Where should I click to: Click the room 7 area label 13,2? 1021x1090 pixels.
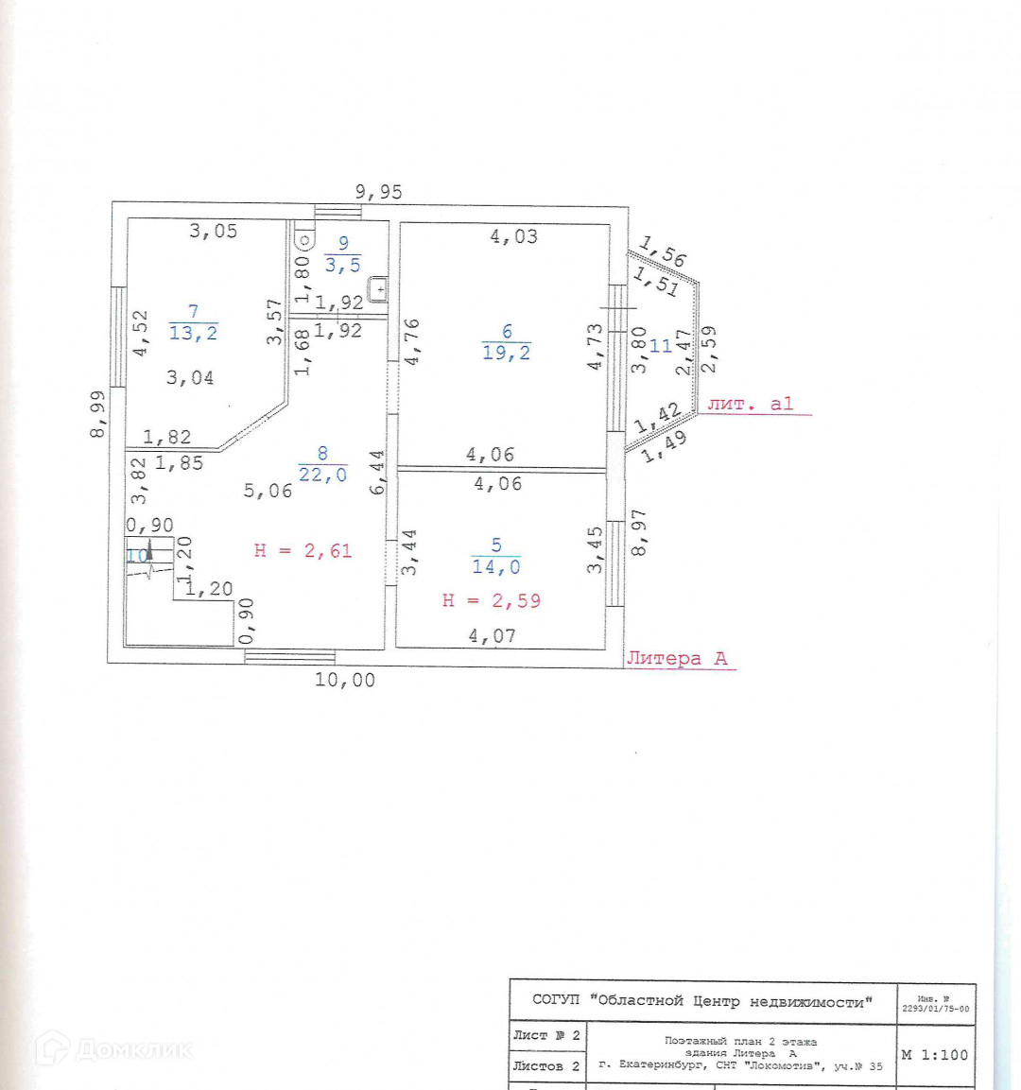point(193,333)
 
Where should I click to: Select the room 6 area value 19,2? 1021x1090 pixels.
point(507,354)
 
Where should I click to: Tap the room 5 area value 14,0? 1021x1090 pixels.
point(496,567)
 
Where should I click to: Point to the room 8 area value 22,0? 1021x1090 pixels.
point(323,475)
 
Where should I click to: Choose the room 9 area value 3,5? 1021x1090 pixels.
point(342,266)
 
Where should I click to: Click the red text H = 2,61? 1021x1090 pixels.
point(303,550)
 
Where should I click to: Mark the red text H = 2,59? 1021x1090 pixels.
point(492,600)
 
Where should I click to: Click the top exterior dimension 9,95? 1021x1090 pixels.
point(378,192)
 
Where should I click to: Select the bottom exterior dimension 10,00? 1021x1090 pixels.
point(345,680)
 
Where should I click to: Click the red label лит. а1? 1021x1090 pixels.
point(751,404)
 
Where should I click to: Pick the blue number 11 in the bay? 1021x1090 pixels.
point(660,346)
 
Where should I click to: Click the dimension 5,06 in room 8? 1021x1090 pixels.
point(268,490)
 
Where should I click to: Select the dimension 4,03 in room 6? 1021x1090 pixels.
point(513,236)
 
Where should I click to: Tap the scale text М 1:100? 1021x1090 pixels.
point(934,1054)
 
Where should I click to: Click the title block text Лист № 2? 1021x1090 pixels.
point(546,1035)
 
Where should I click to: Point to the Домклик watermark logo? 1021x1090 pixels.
point(113,1049)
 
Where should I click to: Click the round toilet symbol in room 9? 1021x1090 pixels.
point(303,239)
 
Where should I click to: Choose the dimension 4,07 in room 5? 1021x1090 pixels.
point(493,636)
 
